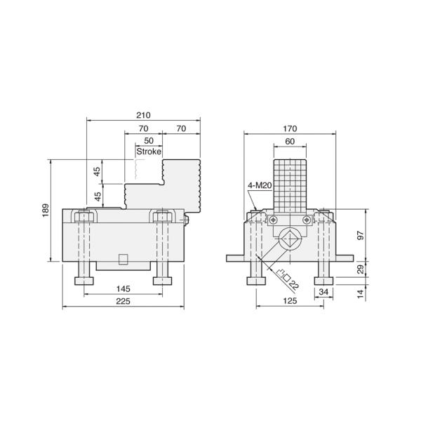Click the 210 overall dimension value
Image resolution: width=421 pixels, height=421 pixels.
pos(143,114)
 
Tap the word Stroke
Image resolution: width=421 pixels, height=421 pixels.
pos(149,151)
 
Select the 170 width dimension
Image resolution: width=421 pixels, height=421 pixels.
pos(290,128)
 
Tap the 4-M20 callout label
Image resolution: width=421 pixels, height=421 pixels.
pos(259,185)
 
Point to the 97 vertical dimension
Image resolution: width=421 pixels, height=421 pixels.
pos(362,235)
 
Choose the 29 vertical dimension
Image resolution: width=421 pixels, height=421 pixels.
pos(362,269)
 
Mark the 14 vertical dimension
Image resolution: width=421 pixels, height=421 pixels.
pos(362,293)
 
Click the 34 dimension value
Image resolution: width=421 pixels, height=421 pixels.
pos(323,290)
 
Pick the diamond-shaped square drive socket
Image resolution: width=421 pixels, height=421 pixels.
pos(290,239)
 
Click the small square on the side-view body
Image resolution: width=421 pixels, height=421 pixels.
pos(123,258)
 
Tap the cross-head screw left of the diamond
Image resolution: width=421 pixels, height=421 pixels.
pos(273,220)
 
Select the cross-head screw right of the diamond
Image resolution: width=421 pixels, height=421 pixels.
pos(307,220)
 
